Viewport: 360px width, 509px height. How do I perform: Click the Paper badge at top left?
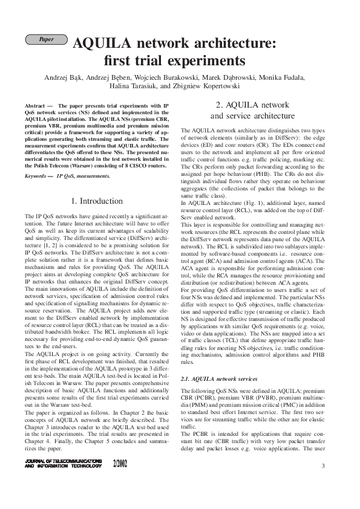click(x=45, y=39)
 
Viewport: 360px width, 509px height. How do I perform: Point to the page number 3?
click(x=323, y=465)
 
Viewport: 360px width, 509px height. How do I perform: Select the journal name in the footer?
click(x=64, y=464)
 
